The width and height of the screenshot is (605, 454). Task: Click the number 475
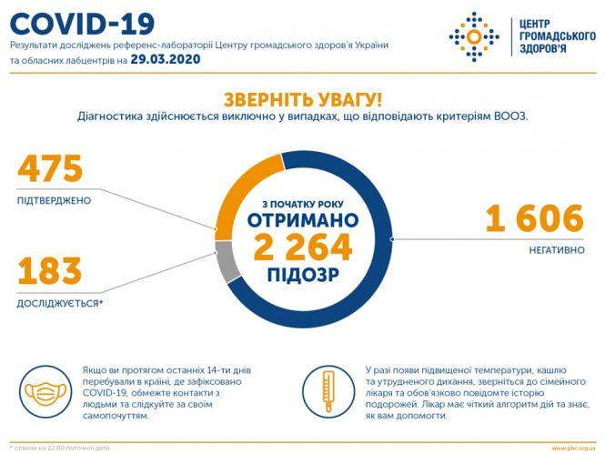(x=50, y=169)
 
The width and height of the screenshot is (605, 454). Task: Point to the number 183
(x=49, y=271)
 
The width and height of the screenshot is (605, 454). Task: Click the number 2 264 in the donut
(x=303, y=247)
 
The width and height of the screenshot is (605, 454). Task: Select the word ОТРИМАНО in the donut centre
(x=303, y=220)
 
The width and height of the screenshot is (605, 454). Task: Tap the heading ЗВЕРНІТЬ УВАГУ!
(x=302, y=99)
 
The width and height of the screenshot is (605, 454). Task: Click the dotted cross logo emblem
(x=474, y=36)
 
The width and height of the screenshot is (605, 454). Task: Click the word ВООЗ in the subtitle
(x=510, y=116)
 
